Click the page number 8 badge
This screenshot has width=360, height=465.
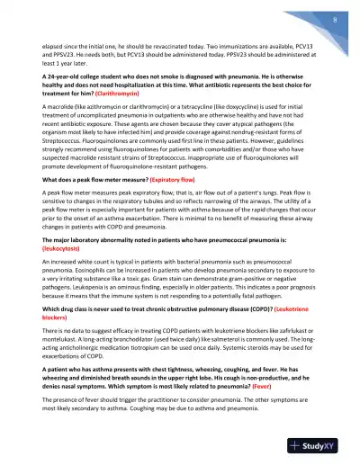point(334,18)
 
